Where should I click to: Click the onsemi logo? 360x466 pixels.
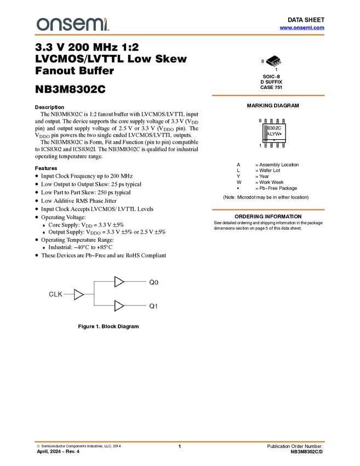coord(73,24)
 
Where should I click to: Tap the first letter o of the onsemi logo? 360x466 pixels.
coord(42,25)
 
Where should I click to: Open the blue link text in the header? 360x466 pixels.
coord(301,28)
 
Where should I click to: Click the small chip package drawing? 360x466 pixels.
coord(274,62)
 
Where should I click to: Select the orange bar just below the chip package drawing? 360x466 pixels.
coord(268,95)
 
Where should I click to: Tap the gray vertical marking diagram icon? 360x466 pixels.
coord(266,133)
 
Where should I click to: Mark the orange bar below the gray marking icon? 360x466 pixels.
coord(268,209)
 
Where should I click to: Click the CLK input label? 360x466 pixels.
coord(55,294)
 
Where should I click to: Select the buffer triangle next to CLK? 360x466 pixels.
coord(78,294)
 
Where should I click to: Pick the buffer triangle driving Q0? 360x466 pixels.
coord(119,282)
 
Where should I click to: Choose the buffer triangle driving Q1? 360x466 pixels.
coord(119,306)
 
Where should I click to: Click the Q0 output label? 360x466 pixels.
coord(153,282)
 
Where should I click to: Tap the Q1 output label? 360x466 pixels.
coord(153,306)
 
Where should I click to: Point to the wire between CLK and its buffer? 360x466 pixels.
coord(68,294)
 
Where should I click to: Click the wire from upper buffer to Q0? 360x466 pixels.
coord(135,282)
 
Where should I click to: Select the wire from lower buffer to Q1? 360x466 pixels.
coord(135,306)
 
